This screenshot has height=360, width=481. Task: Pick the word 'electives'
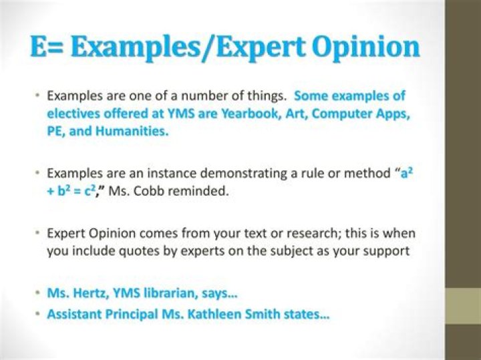(72, 114)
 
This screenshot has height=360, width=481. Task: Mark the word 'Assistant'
(73, 314)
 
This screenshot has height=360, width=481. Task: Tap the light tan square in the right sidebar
(463, 307)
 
